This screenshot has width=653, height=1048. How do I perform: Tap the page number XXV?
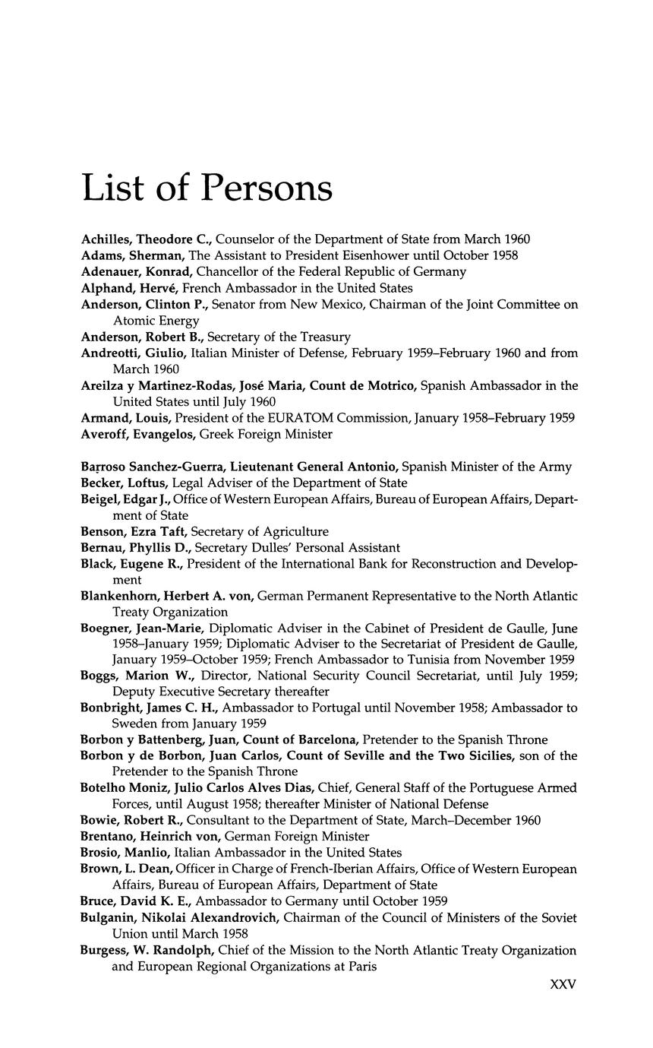pos(563,983)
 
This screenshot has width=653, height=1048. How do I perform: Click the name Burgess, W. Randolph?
pos(150,950)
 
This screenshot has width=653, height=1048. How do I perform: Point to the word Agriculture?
pos(291,531)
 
